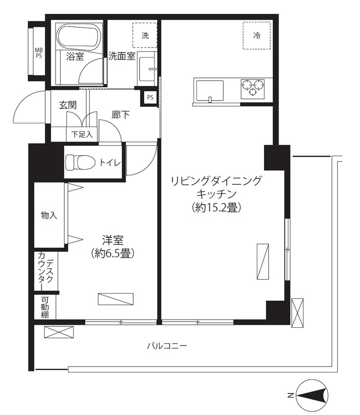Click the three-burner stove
point(252,87)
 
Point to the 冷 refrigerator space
point(256,35)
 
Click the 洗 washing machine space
point(145,36)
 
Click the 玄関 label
point(67,105)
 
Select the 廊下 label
point(121,115)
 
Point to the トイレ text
point(110,163)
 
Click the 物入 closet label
point(49,215)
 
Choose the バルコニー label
point(167,345)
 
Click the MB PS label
point(38,53)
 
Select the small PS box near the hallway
point(150,97)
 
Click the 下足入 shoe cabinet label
point(82,134)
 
